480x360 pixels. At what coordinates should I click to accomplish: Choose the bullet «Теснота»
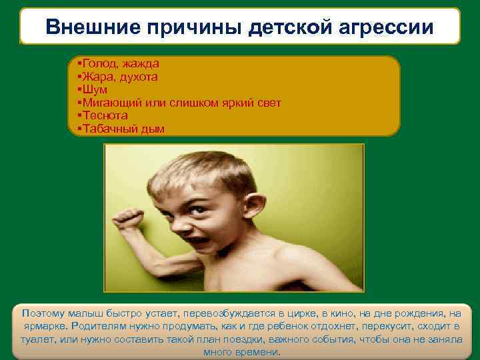[x=105, y=115]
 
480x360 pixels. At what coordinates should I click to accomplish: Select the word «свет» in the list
[x=267, y=103]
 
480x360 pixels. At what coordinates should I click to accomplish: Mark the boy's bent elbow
[x=151, y=271]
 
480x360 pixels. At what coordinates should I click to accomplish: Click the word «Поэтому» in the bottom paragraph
[x=45, y=313]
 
